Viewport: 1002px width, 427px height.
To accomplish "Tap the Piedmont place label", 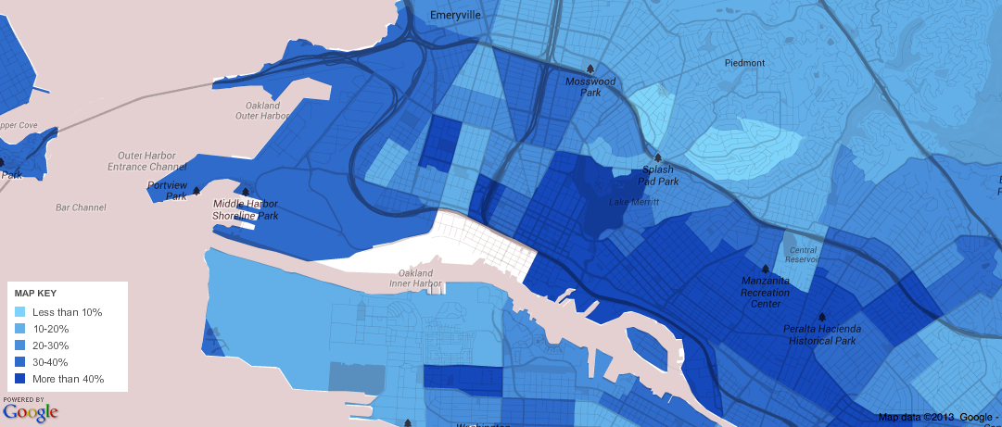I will pyautogui.click(x=744, y=63).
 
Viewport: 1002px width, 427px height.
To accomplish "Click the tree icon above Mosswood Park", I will pyautogui.click(x=590, y=69).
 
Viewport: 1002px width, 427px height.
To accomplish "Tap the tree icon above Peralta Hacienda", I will pyautogui.click(x=822, y=316).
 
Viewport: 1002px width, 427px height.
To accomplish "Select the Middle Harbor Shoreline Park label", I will pyautogui.click(x=246, y=209).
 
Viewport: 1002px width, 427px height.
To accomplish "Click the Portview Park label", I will pyautogui.click(x=167, y=190).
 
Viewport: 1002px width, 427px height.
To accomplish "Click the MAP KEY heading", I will pyautogui.click(x=36, y=293).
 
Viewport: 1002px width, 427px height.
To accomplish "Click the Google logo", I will pyautogui.click(x=30, y=411).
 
